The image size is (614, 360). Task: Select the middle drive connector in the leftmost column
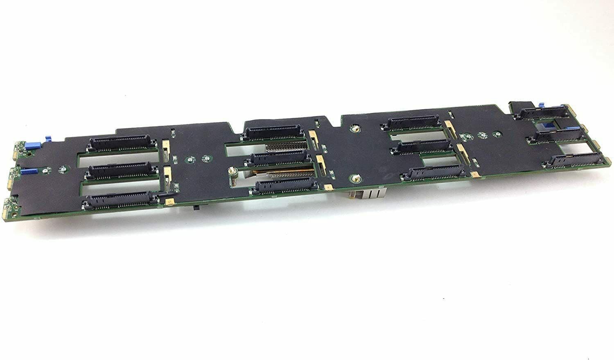pyautogui.click(x=118, y=171)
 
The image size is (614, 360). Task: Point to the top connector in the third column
pyautogui.click(x=415, y=122)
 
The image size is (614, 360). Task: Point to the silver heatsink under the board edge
pyautogui.click(x=368, y=194)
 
